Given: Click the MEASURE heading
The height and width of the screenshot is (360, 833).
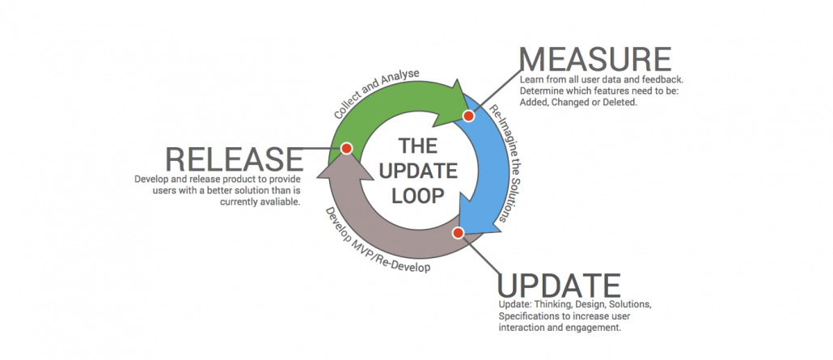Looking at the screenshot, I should click(594, 59).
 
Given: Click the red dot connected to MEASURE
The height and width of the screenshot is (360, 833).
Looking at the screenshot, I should click(467, 116).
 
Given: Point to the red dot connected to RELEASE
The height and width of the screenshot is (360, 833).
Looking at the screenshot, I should click(346, 148).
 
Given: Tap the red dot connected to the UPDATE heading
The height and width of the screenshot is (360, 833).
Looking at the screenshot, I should click(458, 233).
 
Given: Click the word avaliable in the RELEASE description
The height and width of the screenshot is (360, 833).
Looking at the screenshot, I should click(277, 202).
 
